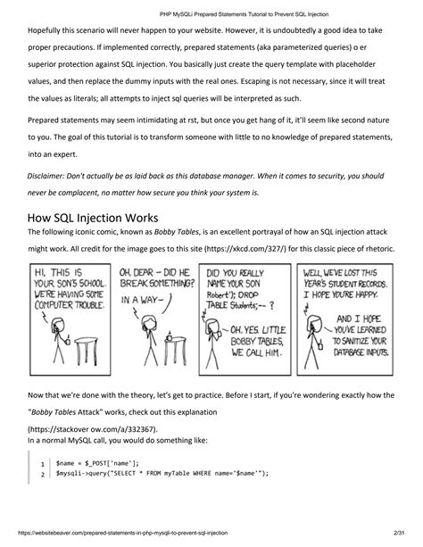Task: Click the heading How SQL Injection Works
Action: click(x=93, y=218)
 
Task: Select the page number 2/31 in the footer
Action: click(x=399, y=533)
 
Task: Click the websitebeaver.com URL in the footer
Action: click(x=122, y=533)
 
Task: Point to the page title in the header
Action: click(x=244, y=14)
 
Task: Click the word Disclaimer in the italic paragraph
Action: click(x=46, y=176)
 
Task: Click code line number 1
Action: click(x=43, y=464)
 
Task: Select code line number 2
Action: click(x=43, y=475)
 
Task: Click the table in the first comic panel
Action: click(x=86, y=351)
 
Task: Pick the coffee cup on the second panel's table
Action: click(x=170, y=336)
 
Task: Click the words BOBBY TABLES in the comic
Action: click(x=256, y=342)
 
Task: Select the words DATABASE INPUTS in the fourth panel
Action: click(x=361, y=352)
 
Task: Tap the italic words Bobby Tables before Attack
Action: click(x=54, y=412)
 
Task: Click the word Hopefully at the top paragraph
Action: click(x=44, y=30)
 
